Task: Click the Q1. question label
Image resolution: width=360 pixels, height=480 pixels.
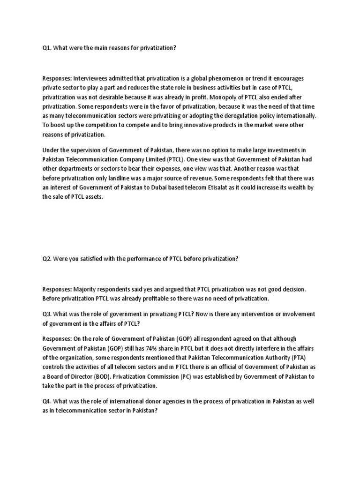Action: pos(47,48)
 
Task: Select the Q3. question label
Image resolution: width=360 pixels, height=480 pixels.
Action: pos(47,314)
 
